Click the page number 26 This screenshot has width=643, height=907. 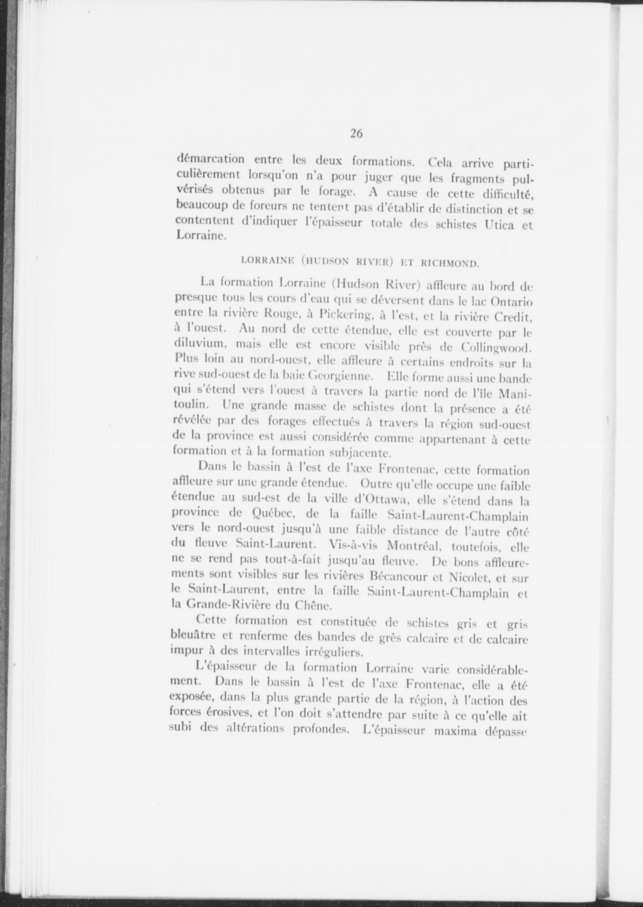pyautogui.click(x=356, y=134)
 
